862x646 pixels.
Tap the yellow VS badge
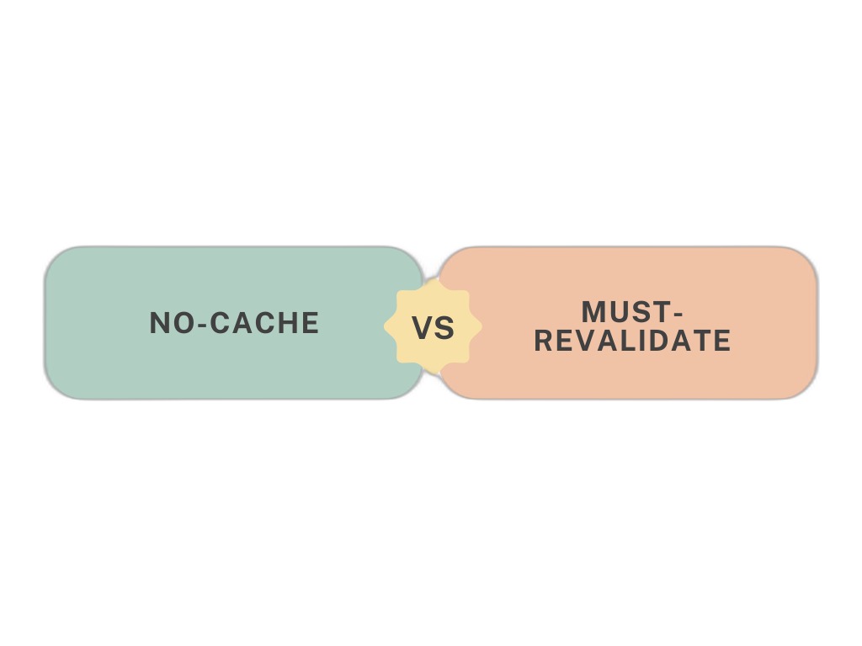tap(434, 327)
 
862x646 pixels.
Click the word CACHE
tap(265, 323)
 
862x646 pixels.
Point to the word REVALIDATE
tap(633, 341)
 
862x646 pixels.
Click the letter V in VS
tap(423, 329)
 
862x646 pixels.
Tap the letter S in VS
tap(444, 329)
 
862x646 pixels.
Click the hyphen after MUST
tap(678, 315)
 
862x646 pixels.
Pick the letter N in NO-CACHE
tap(159, 323)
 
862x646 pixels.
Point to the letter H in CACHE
tap(286, 323)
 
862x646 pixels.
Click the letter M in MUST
tap(593, 312)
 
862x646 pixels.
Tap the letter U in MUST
tap(617, 312)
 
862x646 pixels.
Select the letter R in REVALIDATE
tap(544, 341)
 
